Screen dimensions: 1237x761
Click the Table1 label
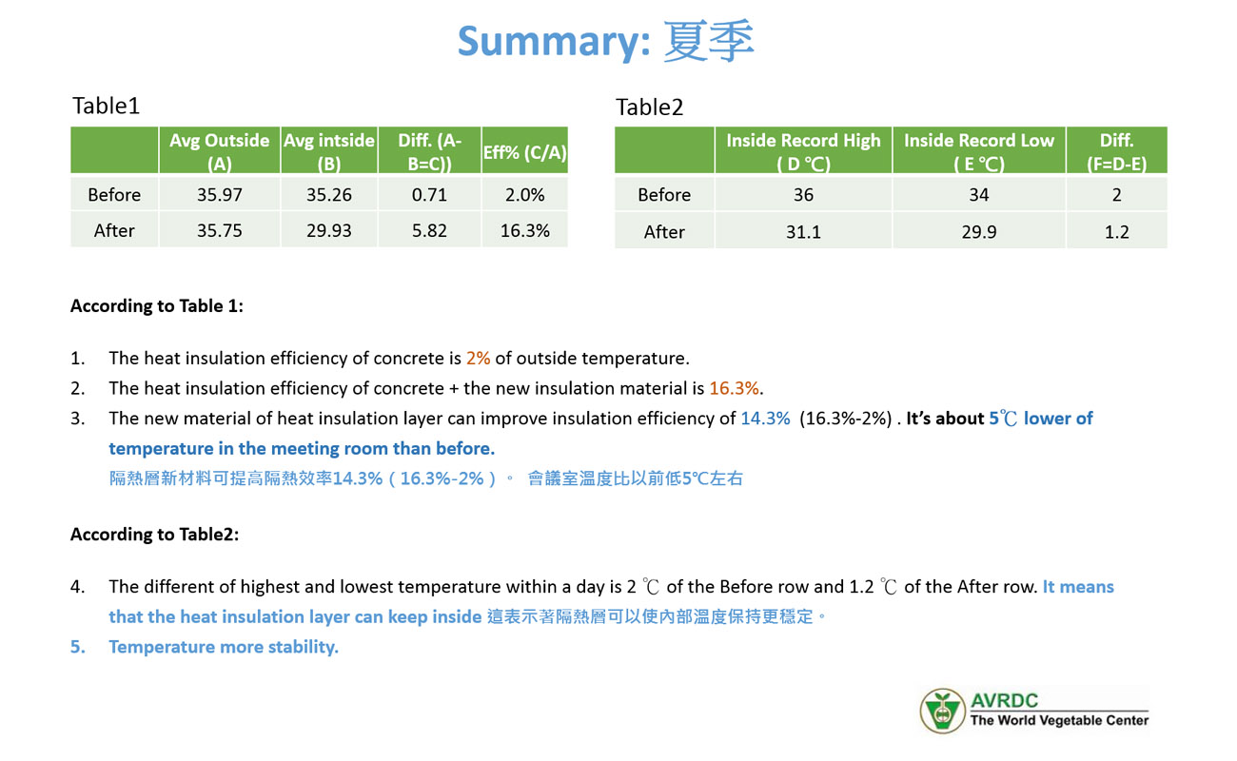106,106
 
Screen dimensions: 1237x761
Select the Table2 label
649,107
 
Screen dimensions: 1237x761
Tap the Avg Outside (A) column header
219,150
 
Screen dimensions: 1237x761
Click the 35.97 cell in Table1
219,194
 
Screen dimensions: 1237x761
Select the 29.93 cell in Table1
328,230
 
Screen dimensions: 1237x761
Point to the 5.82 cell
429,230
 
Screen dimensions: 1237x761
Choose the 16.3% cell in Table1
524,230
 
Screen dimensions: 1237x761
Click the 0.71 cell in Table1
429,194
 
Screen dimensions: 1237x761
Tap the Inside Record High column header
803,150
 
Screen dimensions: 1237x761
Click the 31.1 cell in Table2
803,232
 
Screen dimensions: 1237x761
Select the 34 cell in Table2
978,194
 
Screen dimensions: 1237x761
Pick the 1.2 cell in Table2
1116,232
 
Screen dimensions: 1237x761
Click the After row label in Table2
664,232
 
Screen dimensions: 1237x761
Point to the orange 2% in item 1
479,358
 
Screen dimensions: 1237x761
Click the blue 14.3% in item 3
765,418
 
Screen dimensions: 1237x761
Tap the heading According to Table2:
154,534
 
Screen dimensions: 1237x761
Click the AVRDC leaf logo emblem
943,711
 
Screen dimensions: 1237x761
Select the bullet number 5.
77,647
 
